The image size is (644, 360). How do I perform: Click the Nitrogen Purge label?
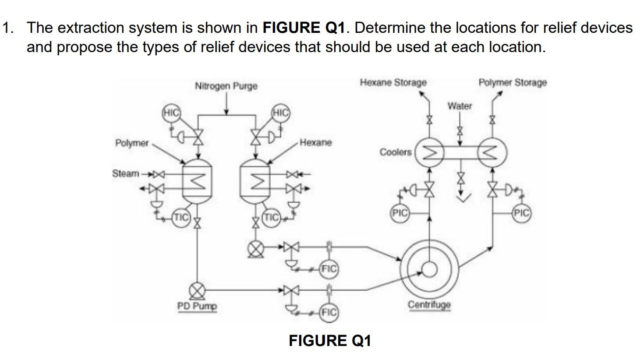(x=226, y=86)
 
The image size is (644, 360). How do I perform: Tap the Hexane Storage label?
(x=393, y=82)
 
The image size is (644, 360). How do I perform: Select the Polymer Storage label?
(x=512, y=82)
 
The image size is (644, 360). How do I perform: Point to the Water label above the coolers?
(x=460, y=106)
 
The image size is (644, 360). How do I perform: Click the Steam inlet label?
(x=125, y=173)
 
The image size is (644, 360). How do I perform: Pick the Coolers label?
(x=395, y=152)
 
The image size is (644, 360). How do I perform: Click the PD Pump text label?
(x=197, y=306)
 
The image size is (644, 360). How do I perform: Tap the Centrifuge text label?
(x=429, y=304)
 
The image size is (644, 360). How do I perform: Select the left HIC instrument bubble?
(x=171, y=113)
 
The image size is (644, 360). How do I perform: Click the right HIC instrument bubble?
(x=280, y=113)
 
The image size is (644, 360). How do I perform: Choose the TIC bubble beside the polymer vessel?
(x=181, y=217)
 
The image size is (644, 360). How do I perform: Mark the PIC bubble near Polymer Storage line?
(x=522, y=213)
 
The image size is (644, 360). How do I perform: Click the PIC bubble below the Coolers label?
(x=399, y=213)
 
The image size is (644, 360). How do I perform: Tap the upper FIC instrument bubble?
(x=329, y=268)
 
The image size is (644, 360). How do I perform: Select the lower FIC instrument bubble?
(x=329, y=312)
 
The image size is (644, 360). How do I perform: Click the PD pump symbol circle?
(x=197, y=290)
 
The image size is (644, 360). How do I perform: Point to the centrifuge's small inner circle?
(x=430, y=269)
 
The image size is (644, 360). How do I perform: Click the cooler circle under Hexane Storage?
(x=430, y=153)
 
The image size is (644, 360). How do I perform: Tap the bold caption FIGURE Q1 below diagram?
(x=329, y=341)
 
